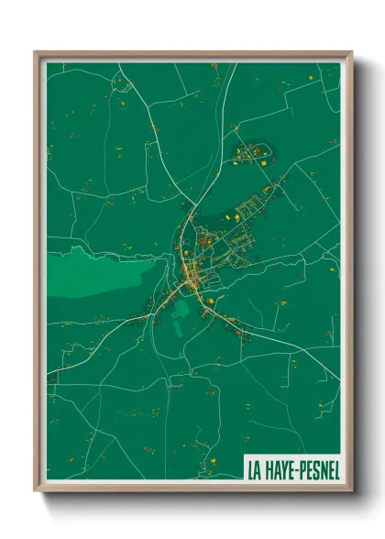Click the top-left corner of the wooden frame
tap(35, 51)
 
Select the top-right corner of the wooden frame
tap(352, 51)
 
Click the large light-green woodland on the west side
tap(96, 272)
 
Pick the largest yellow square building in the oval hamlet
tap(259, 161)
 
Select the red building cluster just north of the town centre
tap(205, 240)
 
